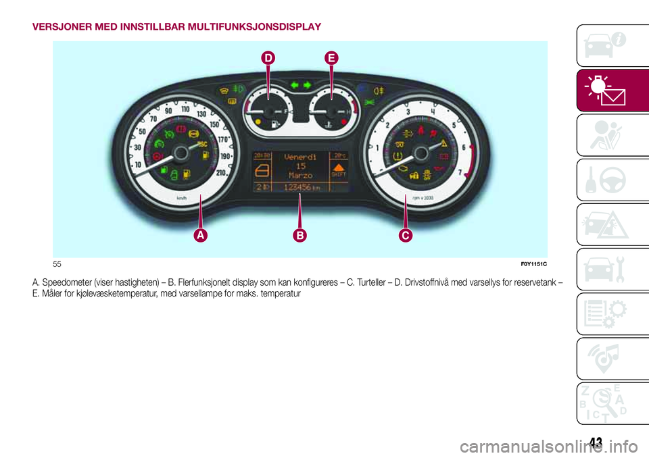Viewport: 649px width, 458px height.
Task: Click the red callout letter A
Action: (201, 234)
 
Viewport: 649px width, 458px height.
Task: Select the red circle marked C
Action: (405, 234)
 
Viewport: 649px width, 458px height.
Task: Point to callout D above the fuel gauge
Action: (268, 60)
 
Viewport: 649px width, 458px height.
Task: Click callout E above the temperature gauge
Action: (331, 60)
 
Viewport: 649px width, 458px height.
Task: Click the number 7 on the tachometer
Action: (460, 173)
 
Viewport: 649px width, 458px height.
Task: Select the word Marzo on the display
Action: (299, 175)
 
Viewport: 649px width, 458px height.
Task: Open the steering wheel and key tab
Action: (604, 179)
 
